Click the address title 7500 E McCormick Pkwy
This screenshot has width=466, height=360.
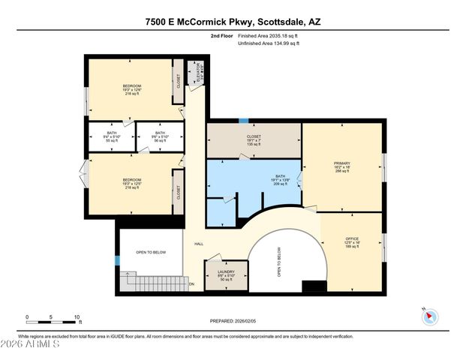tap(233, 22)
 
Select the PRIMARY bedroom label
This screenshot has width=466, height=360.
tap(342, 166)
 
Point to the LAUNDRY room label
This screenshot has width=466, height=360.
tap(226, 274)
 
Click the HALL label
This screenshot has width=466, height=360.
tap(199, 244)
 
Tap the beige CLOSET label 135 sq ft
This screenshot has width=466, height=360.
tap(254, 142)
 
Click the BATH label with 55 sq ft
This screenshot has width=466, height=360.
tap(112, 136)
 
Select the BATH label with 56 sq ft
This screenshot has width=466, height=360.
tap(159, 136)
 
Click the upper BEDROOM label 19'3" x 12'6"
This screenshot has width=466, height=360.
tap(132, 90)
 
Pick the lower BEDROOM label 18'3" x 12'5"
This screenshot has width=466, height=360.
tap(132, 184)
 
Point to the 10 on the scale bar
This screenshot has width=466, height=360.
tap(77, 317)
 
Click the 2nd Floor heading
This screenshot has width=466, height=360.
tap(221, 35)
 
